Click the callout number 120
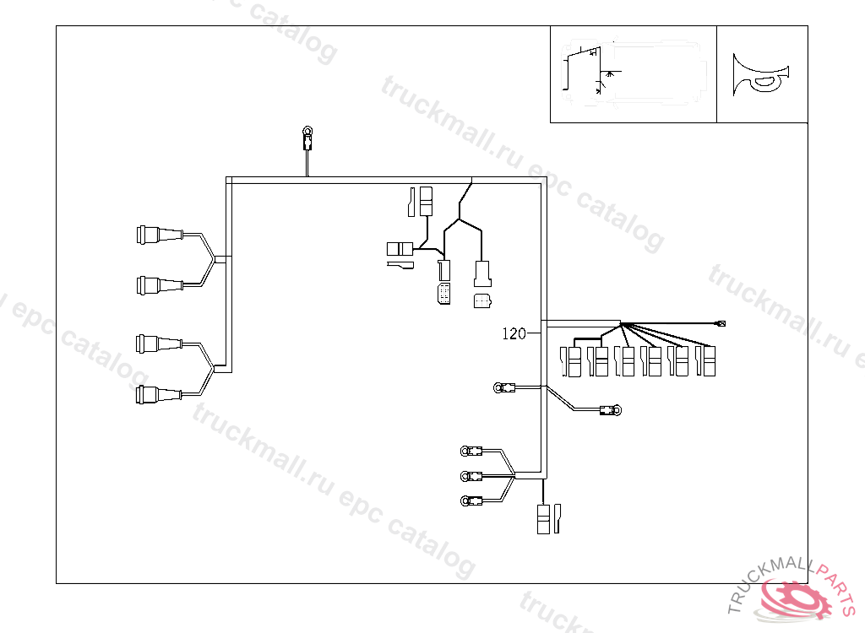click(x=514, y=333)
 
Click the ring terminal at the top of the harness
click(x=307, y=138)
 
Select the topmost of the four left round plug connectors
click(x=160, y=235)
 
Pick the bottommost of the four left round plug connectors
click(x=159, y=395)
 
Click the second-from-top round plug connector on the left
click(x=160, y=285)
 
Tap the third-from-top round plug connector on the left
click(x=159, y=344)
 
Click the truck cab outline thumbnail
click(x=634, y=74)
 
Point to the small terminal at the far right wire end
click(x=721, y=323)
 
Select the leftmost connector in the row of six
click(x=570, y=362)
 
